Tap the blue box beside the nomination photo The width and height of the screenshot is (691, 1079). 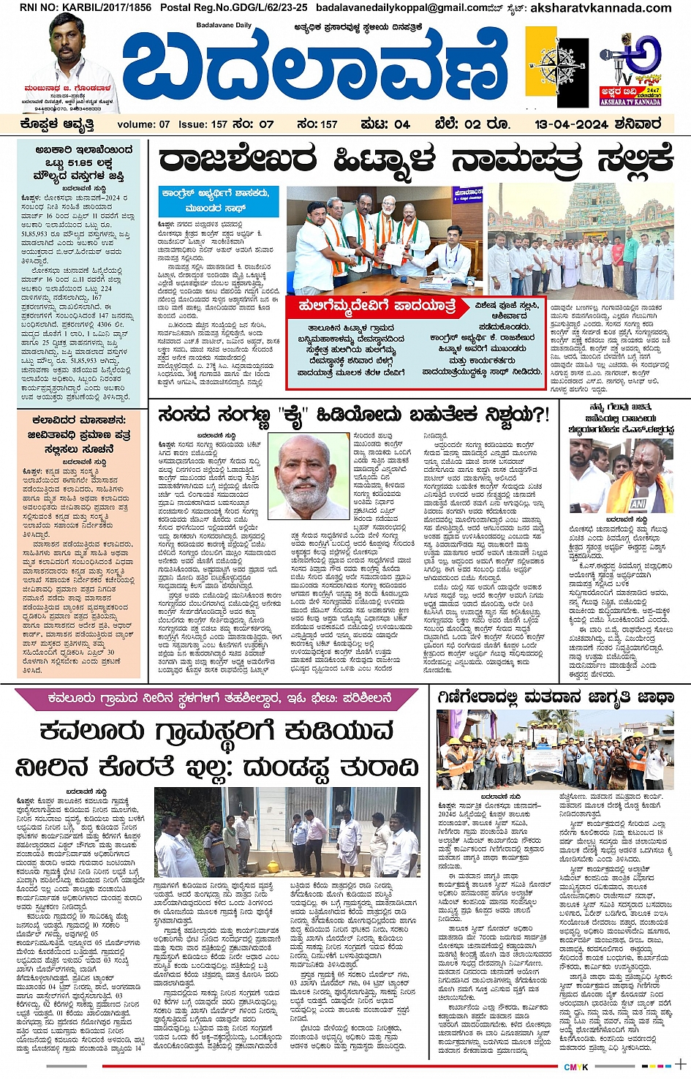point(218,200)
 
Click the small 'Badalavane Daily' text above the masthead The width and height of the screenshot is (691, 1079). point(224,26)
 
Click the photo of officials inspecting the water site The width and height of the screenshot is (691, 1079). point(287,832)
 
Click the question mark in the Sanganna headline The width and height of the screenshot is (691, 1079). point(542,415)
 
